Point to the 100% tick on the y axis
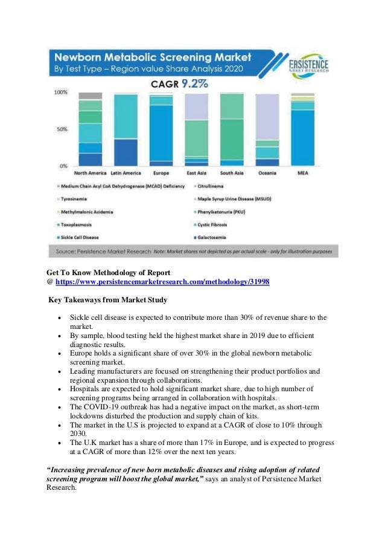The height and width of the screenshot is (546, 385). (61, 93)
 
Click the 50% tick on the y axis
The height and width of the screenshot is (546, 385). (62, 129)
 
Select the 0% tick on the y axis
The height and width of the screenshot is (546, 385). (63, 166)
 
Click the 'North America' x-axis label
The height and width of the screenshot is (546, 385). (90, 173)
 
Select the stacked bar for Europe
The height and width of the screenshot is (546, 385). (161, 129)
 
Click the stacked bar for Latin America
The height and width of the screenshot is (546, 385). (126, 129)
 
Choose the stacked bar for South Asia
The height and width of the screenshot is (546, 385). (232, 129)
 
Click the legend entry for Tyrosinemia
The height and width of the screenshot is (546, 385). (75, 199)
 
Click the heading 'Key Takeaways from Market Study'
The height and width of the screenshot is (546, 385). (107, 300)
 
